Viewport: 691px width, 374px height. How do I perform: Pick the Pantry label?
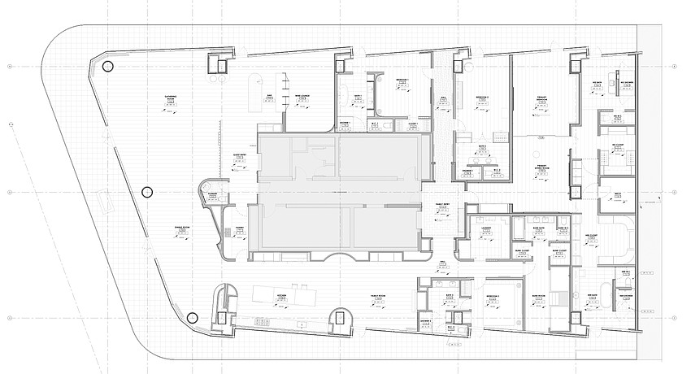(x=240, y=228)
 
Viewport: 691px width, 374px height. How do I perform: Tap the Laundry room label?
(x=486, y=228)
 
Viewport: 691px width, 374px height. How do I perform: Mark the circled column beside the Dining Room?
(x=146, y=192)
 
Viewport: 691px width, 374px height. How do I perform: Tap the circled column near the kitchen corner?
(x=192, y=318)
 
